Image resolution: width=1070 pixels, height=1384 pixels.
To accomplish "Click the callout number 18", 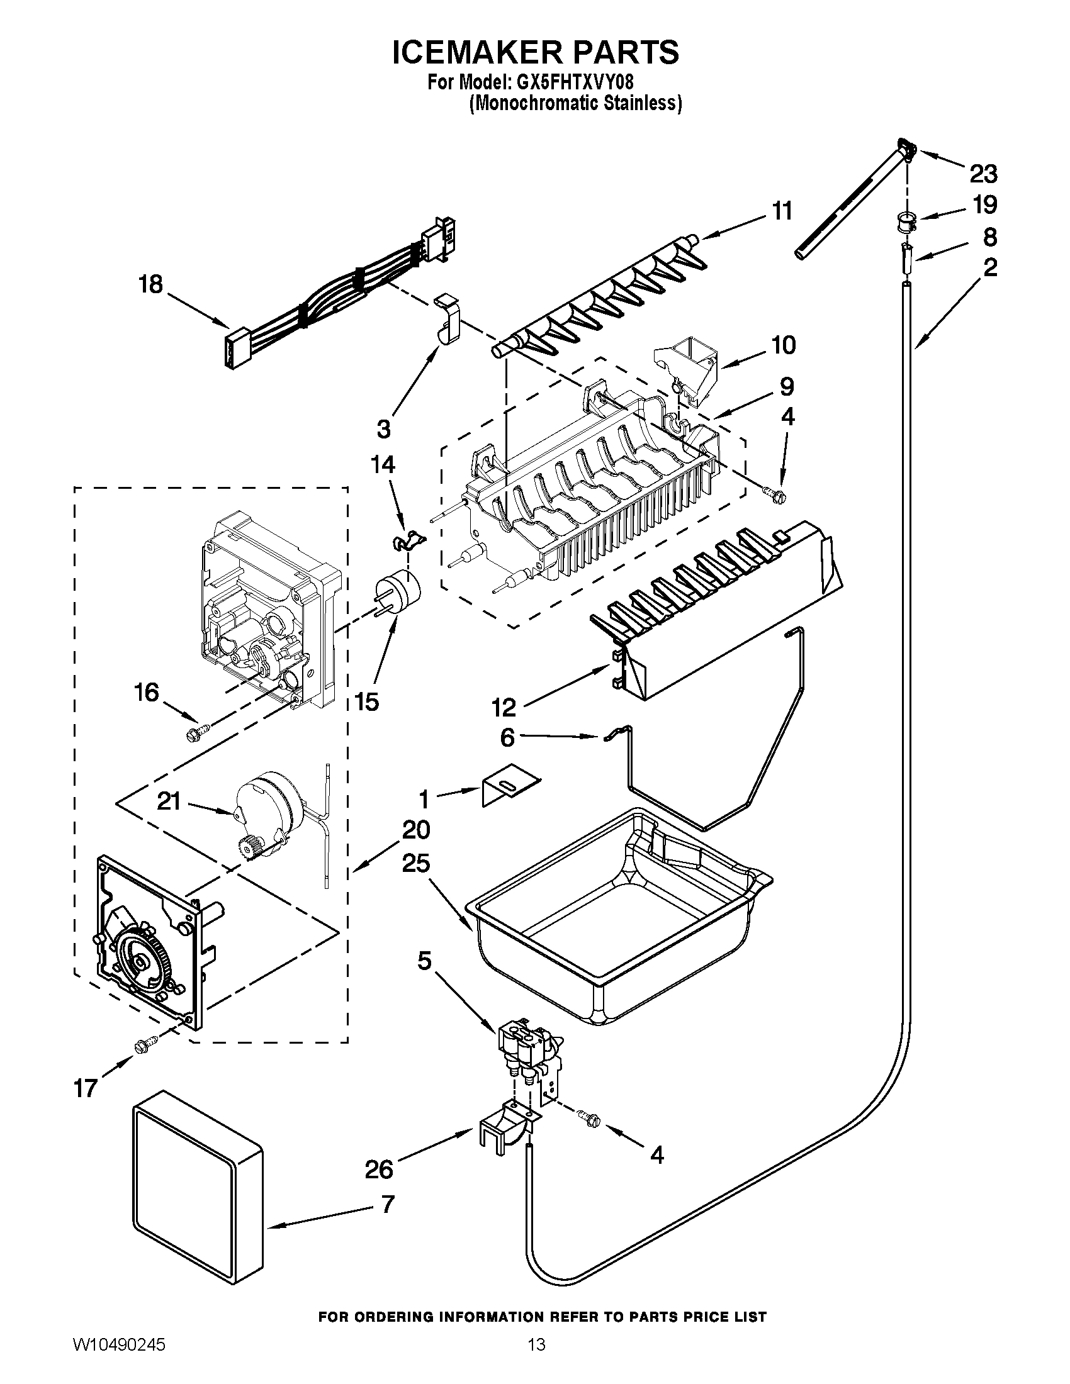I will tap(151, 285).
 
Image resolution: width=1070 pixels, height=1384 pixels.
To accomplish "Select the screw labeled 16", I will tap(193, 735).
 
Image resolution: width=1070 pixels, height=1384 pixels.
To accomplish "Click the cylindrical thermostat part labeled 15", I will tap(399, 590).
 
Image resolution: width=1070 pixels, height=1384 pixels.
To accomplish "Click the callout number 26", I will tap(379, 1169).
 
